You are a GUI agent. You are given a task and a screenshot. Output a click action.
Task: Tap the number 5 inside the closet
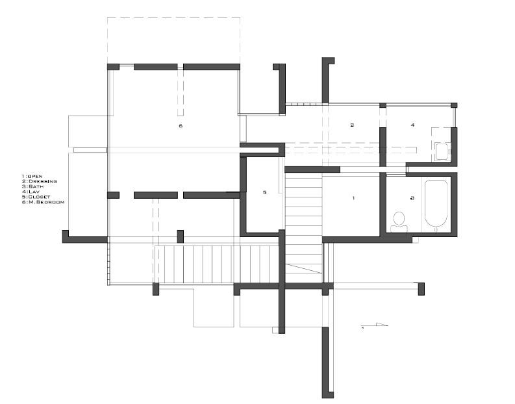coord(264,192)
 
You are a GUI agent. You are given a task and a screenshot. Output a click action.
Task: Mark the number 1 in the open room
coord(353,197)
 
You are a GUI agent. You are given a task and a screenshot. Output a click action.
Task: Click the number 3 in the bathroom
coord(411,197)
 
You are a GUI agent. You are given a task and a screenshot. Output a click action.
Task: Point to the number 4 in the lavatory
coord(412,124)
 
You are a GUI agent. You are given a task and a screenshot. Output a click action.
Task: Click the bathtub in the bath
coord(436,204)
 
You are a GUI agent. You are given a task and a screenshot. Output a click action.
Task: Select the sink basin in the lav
coord(442,152)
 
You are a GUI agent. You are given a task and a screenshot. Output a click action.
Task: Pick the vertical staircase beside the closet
coord(303,221)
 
